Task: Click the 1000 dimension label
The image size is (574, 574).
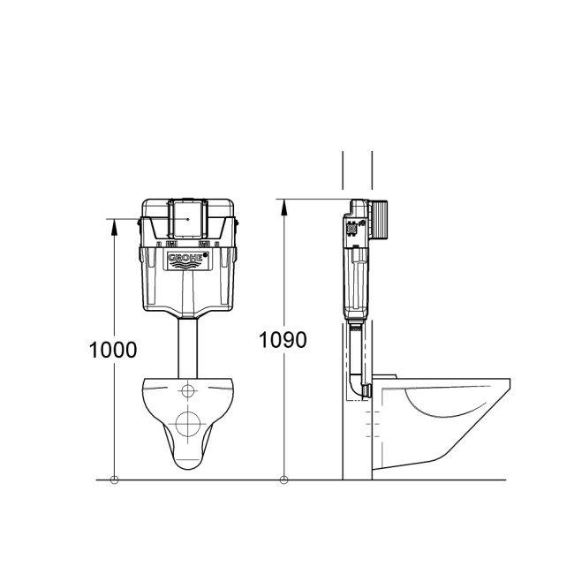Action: click(x=113, y=349)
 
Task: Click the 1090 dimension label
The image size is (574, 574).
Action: click(x=283, y=339)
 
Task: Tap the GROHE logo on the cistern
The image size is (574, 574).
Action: click(x=187, y=259)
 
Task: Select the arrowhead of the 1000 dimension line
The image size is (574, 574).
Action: click(x=114, y=225)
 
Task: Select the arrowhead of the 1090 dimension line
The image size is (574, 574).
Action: click(x=283, y=207)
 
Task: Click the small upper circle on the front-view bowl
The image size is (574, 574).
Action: click(x=188, y=391)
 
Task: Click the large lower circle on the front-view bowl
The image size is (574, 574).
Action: click(x=187, y=423)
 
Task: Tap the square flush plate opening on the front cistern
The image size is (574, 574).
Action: click(x=187, y=218)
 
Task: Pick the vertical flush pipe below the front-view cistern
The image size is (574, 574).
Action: click(x=187, y=348)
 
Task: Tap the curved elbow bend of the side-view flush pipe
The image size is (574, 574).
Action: click(x=359, y=385)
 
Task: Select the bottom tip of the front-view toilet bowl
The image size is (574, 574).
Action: click(x=187, y=466)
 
